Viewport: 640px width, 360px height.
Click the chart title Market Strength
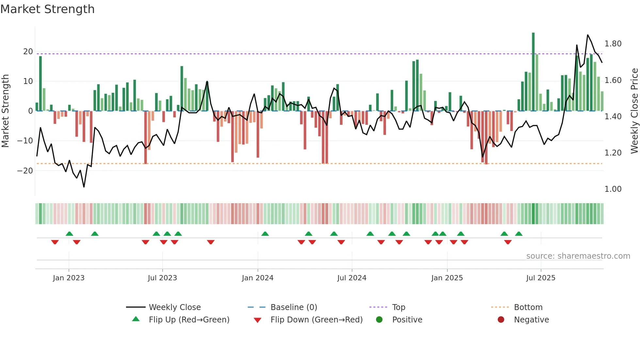coord(47,9)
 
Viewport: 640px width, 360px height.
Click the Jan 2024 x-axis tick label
coord(257,278)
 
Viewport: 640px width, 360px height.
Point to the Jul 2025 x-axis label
coord(540,278)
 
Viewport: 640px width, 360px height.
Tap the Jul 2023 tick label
coord(162,278)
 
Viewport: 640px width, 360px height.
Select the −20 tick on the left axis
coord(25,171)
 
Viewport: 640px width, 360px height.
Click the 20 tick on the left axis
coord(28,52)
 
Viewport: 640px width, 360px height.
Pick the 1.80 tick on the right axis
coord(613,44)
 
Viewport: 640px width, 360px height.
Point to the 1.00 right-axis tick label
coord(613,189)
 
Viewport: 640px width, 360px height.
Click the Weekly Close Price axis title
coord(634,111)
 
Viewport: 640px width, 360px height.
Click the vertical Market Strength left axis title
coord(6,111)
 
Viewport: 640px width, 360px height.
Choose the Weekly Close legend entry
coord(174,307)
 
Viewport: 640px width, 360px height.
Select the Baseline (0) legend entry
coord(294,307)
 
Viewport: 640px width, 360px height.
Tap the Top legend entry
coord(398,307)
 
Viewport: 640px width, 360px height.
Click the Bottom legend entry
coord(528,307)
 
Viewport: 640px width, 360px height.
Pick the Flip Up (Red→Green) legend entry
coord(189,320)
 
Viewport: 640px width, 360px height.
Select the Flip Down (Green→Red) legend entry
coord(316,320)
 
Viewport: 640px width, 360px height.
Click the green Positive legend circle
coord(379,320)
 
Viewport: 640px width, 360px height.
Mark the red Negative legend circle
coord(501,320)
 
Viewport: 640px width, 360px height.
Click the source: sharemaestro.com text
coord(578,256)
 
